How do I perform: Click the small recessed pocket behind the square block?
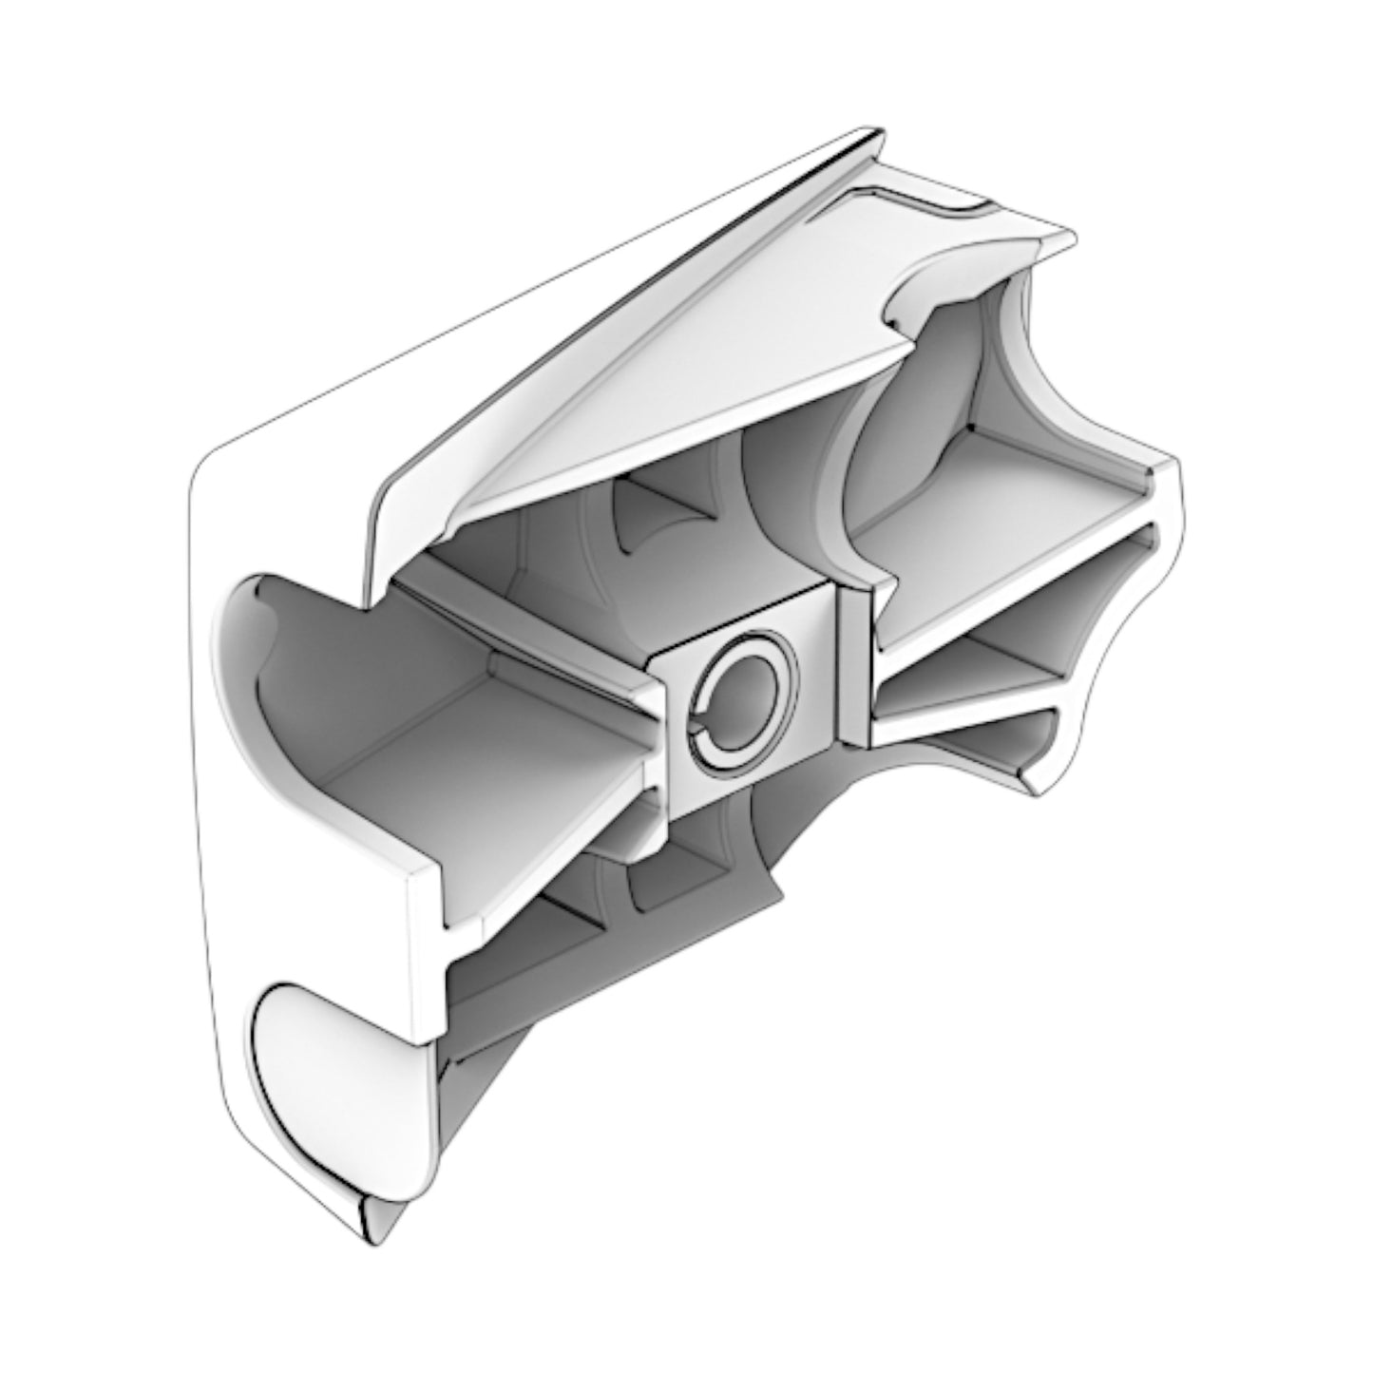(x=656, y=513)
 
